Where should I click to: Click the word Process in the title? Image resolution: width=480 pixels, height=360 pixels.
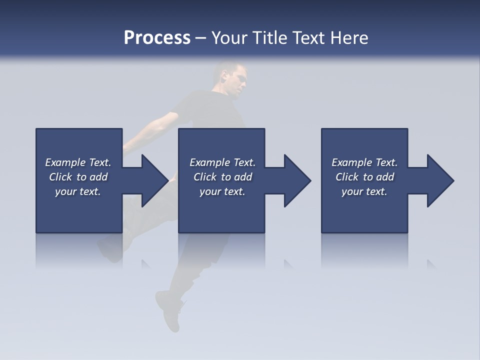tap(157, 38)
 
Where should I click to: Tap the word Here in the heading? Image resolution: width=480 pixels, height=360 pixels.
tap(349, 38)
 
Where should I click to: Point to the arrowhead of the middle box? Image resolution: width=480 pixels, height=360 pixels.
tap(295, 180)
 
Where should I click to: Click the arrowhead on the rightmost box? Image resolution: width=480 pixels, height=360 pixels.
tap(438, 180)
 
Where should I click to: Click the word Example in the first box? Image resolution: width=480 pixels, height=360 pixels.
tap(65, 162)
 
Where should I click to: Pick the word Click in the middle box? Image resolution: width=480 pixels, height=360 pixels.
tap(204, 177)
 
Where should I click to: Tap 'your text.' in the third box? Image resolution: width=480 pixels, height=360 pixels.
tap(364, 191)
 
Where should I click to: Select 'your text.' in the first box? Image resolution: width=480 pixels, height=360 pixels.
tap(78, 191)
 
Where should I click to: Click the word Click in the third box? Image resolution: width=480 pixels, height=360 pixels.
tap(347, 177)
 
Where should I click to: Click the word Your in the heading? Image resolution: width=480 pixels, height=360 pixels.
tap(228, 38)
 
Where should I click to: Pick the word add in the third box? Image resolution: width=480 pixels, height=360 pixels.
tap(385, 177)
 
